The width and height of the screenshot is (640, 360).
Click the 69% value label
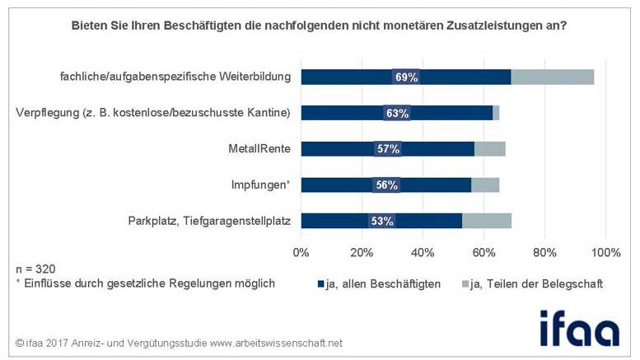tap(407, 77)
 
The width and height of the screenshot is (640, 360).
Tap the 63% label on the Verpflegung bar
tap(397, 113)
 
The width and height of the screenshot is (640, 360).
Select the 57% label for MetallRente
tap(387, 149)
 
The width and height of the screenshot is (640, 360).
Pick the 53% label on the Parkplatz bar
tap(381, 221)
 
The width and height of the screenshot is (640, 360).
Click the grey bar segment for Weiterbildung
tap(552, 77)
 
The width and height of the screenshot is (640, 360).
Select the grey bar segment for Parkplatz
tap(486, 221)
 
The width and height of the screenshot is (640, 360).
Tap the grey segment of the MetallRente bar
tap(489, 149)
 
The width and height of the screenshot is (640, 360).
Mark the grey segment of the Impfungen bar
tap(484, 185)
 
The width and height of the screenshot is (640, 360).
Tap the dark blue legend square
tap(321, 284)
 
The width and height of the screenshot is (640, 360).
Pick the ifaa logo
tap(579, 327)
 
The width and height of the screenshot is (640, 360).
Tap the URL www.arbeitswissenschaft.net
tap(275, 343)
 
